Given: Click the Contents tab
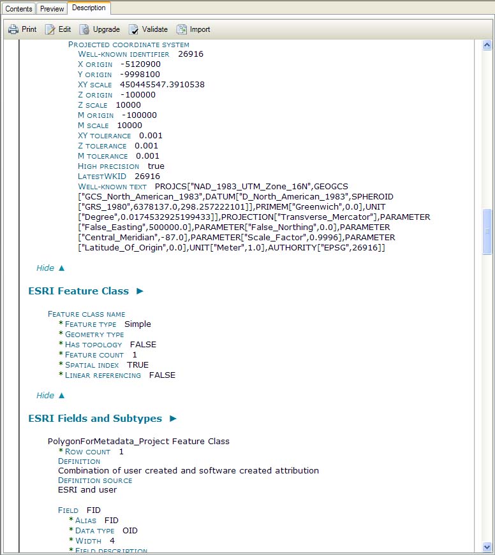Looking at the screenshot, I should pyautogui.click(x=18, y=8).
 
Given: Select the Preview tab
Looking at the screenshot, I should pyautogui.click(x=52, y=8).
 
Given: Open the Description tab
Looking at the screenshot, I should pyautogui.click(x=89, y=8).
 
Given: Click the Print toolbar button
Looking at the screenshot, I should pyautogui.click(x=22, y=29).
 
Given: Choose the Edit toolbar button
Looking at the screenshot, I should pyautogui.click(x=58, y=29).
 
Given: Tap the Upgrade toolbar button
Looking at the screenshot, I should pyautogui.click(x=100, y=29).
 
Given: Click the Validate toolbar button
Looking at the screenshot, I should pyautogui.click(x=148, y=29).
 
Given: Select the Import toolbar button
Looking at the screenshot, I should pyautogui.click(x=193, y=29).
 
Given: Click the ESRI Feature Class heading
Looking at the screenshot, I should pyautogui.click(x=78, y=291).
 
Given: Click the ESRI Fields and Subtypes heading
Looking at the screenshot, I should pyautogui.click(x=95, y=419).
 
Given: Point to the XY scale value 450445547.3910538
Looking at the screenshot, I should pyautogui.click(x=162, y=85).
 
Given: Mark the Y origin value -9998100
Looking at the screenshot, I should pyautogui.click(x=140, y=75).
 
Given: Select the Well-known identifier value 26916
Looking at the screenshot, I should pyautogui.click(x=191, y=54).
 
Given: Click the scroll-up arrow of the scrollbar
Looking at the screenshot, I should pyautogui.click(x=487, y=45).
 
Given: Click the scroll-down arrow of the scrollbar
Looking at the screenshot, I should pyautogui.click(x=487, y=547).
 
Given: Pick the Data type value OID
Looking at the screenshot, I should pyautogui.click(x=130, y=531).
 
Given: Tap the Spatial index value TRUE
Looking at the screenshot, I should pyautogui.click(x=138, y=365).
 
